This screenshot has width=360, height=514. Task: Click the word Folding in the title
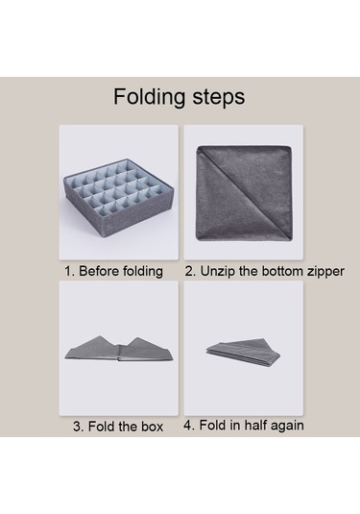[149, 97]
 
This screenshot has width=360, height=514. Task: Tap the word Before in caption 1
[99, 271]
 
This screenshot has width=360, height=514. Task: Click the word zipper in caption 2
[325, 272]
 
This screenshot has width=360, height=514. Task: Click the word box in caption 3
[152, 427]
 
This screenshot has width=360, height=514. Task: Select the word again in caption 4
[288, 426]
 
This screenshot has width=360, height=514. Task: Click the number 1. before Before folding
[69, 272]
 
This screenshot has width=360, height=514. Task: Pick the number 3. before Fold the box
[79, 427]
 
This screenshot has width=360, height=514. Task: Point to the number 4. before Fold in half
[189, 426]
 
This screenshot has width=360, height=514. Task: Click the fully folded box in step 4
[243, 353]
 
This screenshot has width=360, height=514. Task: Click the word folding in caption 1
[142, 272]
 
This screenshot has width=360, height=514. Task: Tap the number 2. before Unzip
[191, 272]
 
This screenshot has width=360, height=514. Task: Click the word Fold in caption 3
[102, 427]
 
